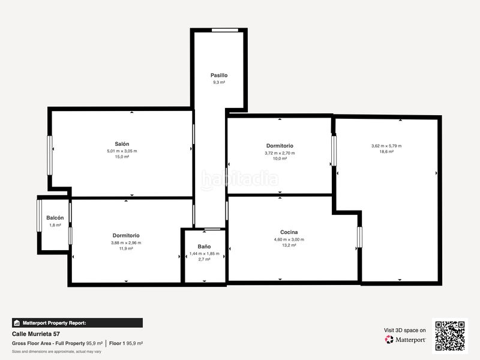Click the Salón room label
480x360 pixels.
coord(122,144)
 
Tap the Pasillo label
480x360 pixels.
coord(219,76)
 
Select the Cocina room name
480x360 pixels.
coord(289,232)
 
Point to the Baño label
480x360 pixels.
coord(204,247)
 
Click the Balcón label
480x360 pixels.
coord(55,218)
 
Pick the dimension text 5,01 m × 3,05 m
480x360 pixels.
coord(122,151)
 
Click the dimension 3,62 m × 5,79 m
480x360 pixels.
coord(386,146)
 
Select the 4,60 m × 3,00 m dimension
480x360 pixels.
coord(289,239)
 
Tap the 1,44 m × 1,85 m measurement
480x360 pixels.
coord(204,253)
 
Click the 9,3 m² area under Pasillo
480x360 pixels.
coord(219,82)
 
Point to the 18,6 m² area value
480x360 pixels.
coord(386,152)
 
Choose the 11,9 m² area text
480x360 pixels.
coord(126,248)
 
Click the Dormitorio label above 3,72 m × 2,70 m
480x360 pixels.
coord(280,146)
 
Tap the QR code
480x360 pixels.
coord(450,336)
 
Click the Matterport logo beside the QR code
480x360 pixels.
coord(406,340)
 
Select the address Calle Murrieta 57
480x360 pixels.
coord(36,334)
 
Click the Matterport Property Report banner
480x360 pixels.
coord(77,323)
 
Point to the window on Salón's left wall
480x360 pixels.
coord(50,155)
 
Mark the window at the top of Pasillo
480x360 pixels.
coord(225,30)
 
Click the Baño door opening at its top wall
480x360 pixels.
coord(212,229)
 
